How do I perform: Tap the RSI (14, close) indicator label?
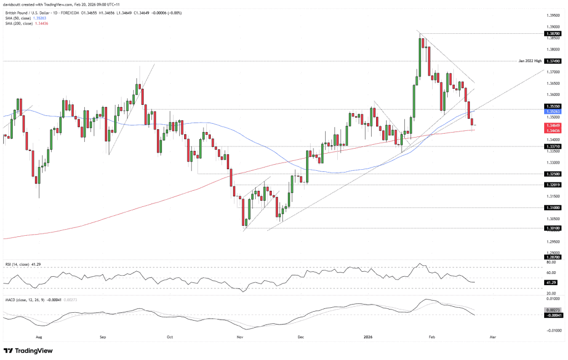point(21,263)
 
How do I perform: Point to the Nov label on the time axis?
point(239,337)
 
